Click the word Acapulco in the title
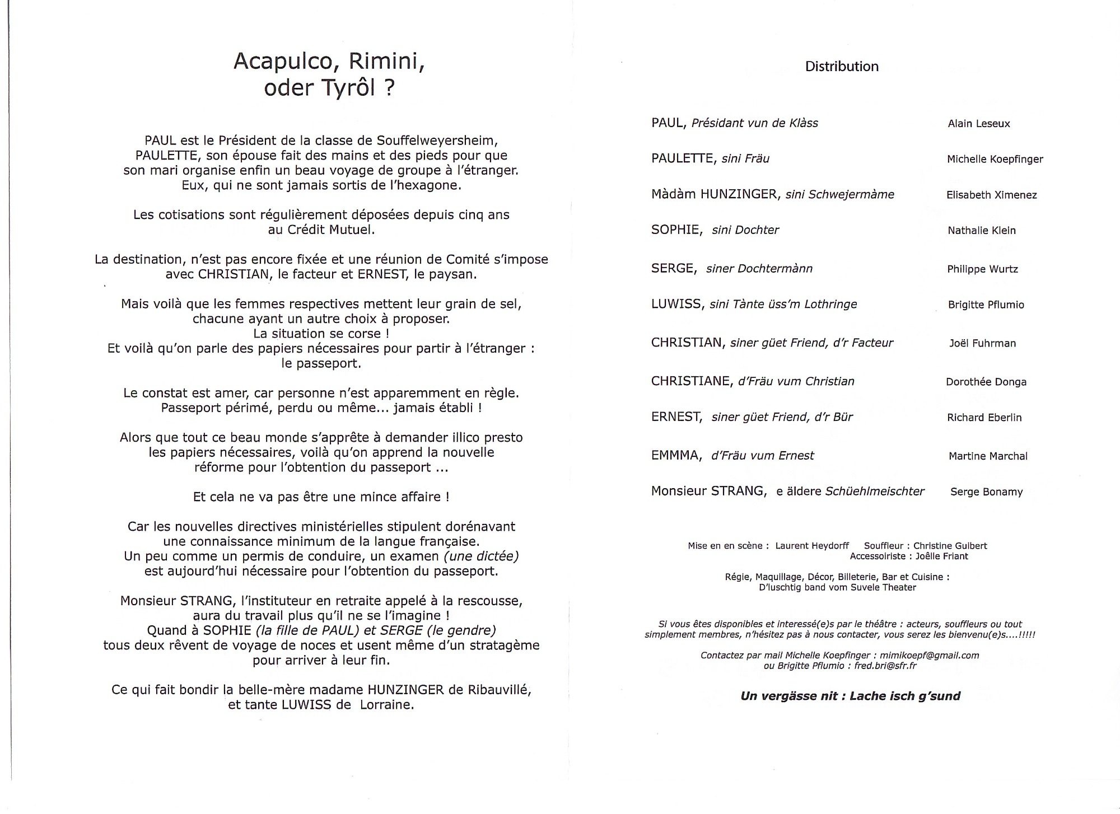tap(283, 61)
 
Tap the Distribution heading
tap(841, 67)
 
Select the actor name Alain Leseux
tap(978, 124)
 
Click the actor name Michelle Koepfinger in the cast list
tap(995, 160)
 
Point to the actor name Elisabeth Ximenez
tap(991, 195)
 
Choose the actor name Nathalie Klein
tap(981, 231)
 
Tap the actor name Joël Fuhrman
tap(982, 344)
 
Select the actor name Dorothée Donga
tap(986, 382)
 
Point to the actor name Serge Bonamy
tap(986, 492)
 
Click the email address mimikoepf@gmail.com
tap(929, 656)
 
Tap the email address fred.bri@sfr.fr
tap(882, 666)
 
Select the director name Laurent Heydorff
tap(812, 546)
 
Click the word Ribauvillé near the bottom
tap(497, 690)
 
